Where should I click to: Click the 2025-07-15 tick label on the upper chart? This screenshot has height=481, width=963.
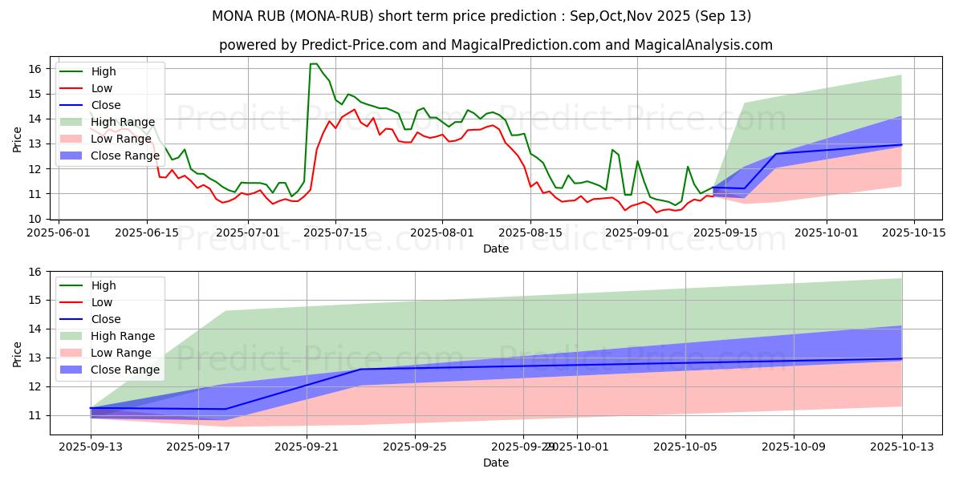click(335, 232)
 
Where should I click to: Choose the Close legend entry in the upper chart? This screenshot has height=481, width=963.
click(106, 105)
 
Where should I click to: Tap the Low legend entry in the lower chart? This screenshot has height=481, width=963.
click(102, 302)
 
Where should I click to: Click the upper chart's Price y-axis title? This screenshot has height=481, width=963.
click(18, 139)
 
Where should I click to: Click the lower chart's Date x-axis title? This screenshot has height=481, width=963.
click(496, 463)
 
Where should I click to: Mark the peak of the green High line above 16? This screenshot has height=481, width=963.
click(313, 64)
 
